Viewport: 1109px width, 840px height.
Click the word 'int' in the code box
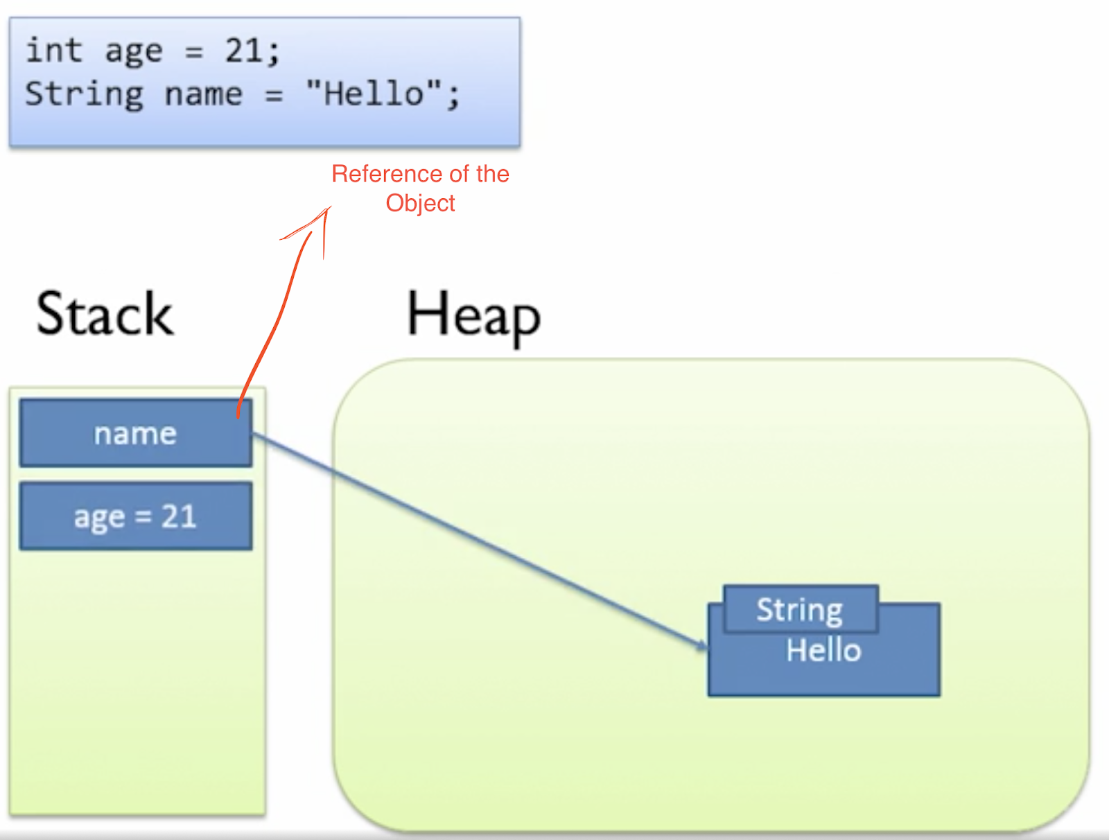pyautogui.click(x=53, y=51)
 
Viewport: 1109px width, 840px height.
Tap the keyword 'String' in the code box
pyautogui.click(x=85, y=94)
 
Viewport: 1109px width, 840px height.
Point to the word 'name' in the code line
pyautogui.click(x=203, y=94)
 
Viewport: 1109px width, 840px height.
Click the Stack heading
pyautogui.click(x=104, y=315)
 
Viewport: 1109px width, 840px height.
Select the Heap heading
pyautogui.click(x=473, y=316)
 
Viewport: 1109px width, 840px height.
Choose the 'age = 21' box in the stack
pyautogui.click(x=136, y=517)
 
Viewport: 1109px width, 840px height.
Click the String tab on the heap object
pyautogui.click(x=800, y=610)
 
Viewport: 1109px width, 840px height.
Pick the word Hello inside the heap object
pyautogui.click(x=823, y=651)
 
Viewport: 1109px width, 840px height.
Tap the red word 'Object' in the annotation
pyautogui.click(x=420, y=203)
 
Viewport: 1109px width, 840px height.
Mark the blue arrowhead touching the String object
pyautogui.click(x=703, y=646)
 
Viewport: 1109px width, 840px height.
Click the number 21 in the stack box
pyautogui.click(x=179, y=517)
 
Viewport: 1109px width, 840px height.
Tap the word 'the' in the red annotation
pyautogui.click(x=492, y=174)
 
